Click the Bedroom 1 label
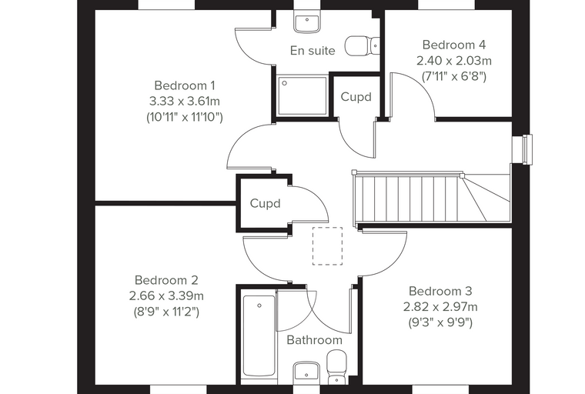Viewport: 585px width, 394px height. click(x=185, y=85)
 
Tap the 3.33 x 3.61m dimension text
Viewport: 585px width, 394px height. click(x=185, y=101)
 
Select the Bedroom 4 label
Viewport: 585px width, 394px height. click(x=454, y=45)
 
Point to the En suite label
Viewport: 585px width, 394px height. click(x=313, y=50)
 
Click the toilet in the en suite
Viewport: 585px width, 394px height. click(x=362, y=46)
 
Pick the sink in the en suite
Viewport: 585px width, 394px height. click(x=307, y=23)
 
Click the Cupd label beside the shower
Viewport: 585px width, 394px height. click(x=356, y=97)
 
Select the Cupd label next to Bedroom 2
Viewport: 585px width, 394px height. click(x=266, y=203)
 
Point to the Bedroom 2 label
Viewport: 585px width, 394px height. click(x=166, y=280)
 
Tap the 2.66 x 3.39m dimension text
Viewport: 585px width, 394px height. click(x=166, y=295)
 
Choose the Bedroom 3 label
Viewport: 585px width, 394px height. click(x=440, y=291)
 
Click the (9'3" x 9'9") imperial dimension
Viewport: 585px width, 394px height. click(x=440, y=322)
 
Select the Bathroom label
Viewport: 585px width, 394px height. click(x=315, y=340)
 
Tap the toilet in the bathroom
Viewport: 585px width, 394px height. click(x=336, y=367)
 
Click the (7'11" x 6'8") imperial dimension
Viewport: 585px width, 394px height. click(x=454, y=76)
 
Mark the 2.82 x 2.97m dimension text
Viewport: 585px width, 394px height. click(x=440, y=307)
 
